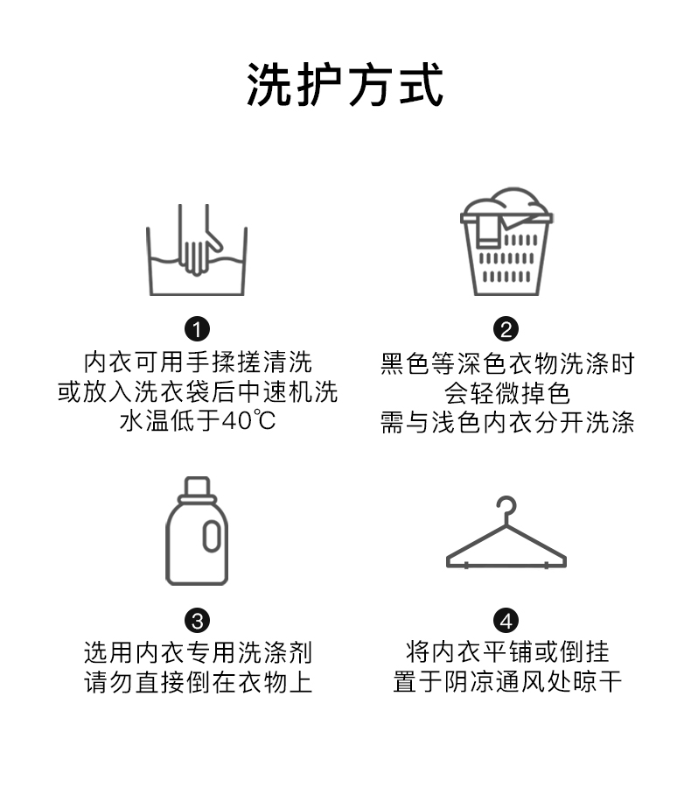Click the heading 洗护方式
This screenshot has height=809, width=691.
tap(345, 85)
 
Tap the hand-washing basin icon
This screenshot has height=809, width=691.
tap(197, 251)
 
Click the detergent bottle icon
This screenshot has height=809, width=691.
tap(197, 531)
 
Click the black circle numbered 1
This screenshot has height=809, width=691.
tap(198, 329)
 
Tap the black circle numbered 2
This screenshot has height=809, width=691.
tap(506, 329)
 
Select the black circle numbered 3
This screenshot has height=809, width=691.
tap(198, 621)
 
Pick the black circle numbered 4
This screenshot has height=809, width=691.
tap(506, 621)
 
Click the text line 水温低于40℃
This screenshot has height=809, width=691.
tap(198, 421)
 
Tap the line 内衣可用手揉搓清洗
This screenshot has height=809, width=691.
tap(198, 362)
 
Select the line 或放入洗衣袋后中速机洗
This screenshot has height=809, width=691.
tap(198, 391)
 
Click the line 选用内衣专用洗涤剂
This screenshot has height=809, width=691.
tap(198, 652)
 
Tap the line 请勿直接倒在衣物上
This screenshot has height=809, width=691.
tap(198, 682)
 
